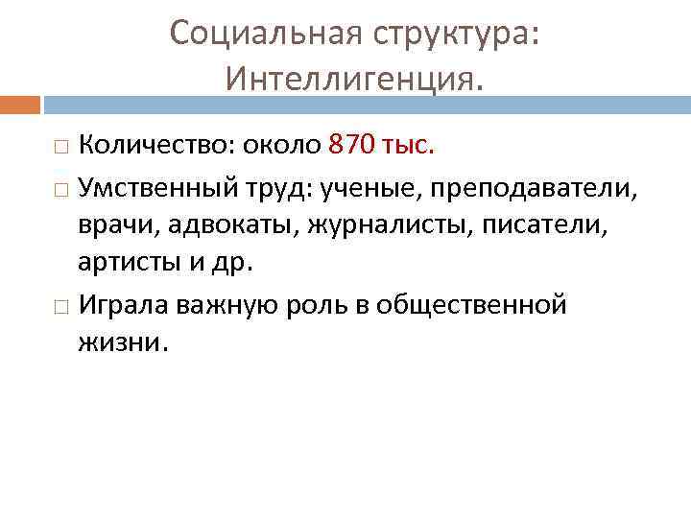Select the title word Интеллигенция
click(355, 78)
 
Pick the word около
click(281, 145)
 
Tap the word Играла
click(125, 305)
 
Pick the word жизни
click(123, 341)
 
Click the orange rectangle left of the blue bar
click(20, 103)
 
